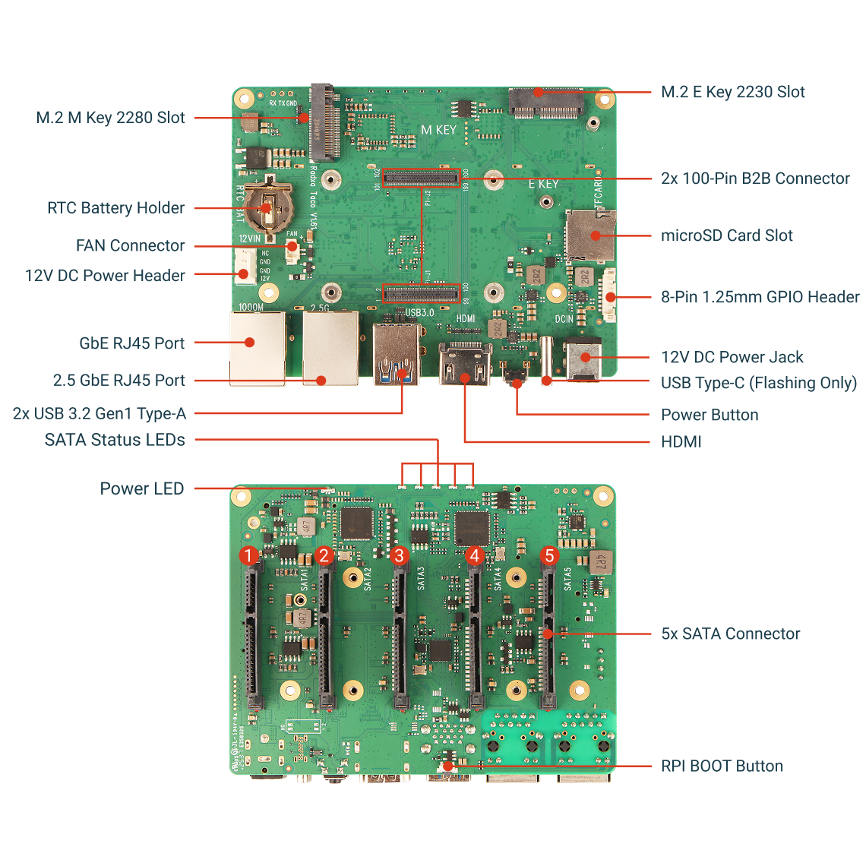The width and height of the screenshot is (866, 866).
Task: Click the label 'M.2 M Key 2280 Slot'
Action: [x=111, y=118]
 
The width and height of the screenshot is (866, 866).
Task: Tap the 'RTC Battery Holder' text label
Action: [x=115, y=208]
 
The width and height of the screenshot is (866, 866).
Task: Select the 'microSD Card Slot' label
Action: [x=726, y=235]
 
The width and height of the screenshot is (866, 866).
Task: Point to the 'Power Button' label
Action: [x=710, y=415]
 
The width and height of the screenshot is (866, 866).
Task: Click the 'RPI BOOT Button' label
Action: [x=722, y=766]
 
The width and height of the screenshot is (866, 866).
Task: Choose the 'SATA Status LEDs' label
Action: [x=115, y=440]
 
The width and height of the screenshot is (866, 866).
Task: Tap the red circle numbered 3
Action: [x=399, y=555]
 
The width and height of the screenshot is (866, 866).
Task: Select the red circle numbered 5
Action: [x=549, y=555]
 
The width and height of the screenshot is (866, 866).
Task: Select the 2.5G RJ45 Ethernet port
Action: [x=330, y=348]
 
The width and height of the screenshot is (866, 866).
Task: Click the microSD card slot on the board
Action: [x=590, y=235]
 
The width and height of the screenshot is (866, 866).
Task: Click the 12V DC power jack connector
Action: [x=583, y=358]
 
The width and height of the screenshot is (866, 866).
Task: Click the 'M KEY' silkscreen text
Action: [x=439, y=130]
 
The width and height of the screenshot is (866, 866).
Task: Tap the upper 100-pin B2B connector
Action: [x=421, y=179]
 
